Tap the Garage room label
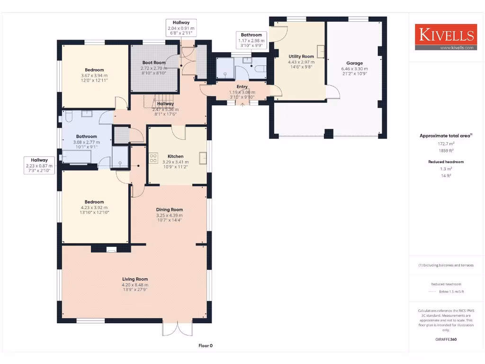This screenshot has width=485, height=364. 354,63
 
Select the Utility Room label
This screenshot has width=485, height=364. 301,56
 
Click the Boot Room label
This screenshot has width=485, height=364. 154,63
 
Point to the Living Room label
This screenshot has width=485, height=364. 135,279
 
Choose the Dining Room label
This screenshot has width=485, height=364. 169,209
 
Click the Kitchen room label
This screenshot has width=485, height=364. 175,156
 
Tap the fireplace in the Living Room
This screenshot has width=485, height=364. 111,250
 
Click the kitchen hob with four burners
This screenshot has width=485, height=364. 153,158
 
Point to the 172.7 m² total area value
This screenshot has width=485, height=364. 445,143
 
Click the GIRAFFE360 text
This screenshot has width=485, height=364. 446,339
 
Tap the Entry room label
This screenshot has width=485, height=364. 242,87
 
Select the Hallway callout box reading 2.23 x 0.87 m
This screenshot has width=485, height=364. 40,166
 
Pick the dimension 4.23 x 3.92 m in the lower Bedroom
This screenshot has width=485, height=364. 94,207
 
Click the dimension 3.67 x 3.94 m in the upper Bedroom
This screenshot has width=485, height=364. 94,75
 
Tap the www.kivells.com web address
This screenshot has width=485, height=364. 457,47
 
